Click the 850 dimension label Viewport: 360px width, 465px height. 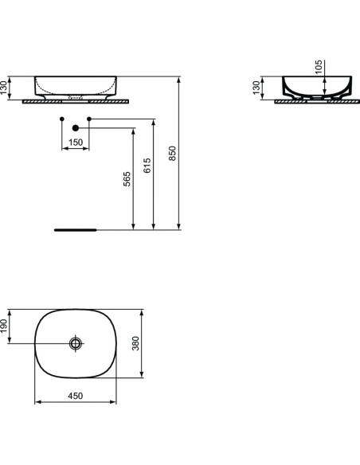tap(173, 153)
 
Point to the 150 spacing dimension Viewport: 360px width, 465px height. tap(76, 142)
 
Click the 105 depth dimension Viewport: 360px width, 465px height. tap(319, 67)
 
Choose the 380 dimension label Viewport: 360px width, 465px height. tap(135, 343)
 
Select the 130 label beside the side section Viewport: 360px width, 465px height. tap(256, 88)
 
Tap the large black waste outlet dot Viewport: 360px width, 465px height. tap(76, 127)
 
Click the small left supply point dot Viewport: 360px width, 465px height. tap(62, 119)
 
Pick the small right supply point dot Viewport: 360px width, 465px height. tap(89, 119)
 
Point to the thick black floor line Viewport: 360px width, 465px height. tap(75, 229)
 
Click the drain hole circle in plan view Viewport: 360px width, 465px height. tap(76, 343)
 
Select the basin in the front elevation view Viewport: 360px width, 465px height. tap(76, 85)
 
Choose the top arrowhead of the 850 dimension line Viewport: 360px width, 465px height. tap(178, 79)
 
